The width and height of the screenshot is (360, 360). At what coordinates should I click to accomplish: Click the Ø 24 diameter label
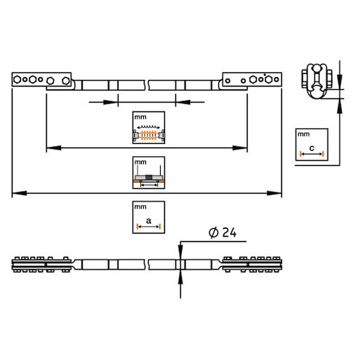[222, 232]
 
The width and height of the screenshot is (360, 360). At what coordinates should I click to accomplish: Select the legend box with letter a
[149, 217]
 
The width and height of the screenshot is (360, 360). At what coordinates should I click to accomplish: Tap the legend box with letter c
[312, 145]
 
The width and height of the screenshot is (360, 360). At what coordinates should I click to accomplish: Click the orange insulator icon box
[149, 128]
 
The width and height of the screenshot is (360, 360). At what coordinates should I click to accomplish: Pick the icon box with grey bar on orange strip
[149, 173]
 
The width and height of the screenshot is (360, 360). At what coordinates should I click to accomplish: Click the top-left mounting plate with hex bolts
[41, 79]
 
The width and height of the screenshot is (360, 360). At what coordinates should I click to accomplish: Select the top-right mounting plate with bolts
[252, 79]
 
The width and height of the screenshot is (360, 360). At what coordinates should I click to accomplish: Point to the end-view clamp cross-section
[317, 81]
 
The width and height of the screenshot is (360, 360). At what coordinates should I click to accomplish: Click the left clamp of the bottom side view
[41, 265]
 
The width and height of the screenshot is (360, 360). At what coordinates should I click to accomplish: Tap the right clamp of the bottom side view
[252, 265]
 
